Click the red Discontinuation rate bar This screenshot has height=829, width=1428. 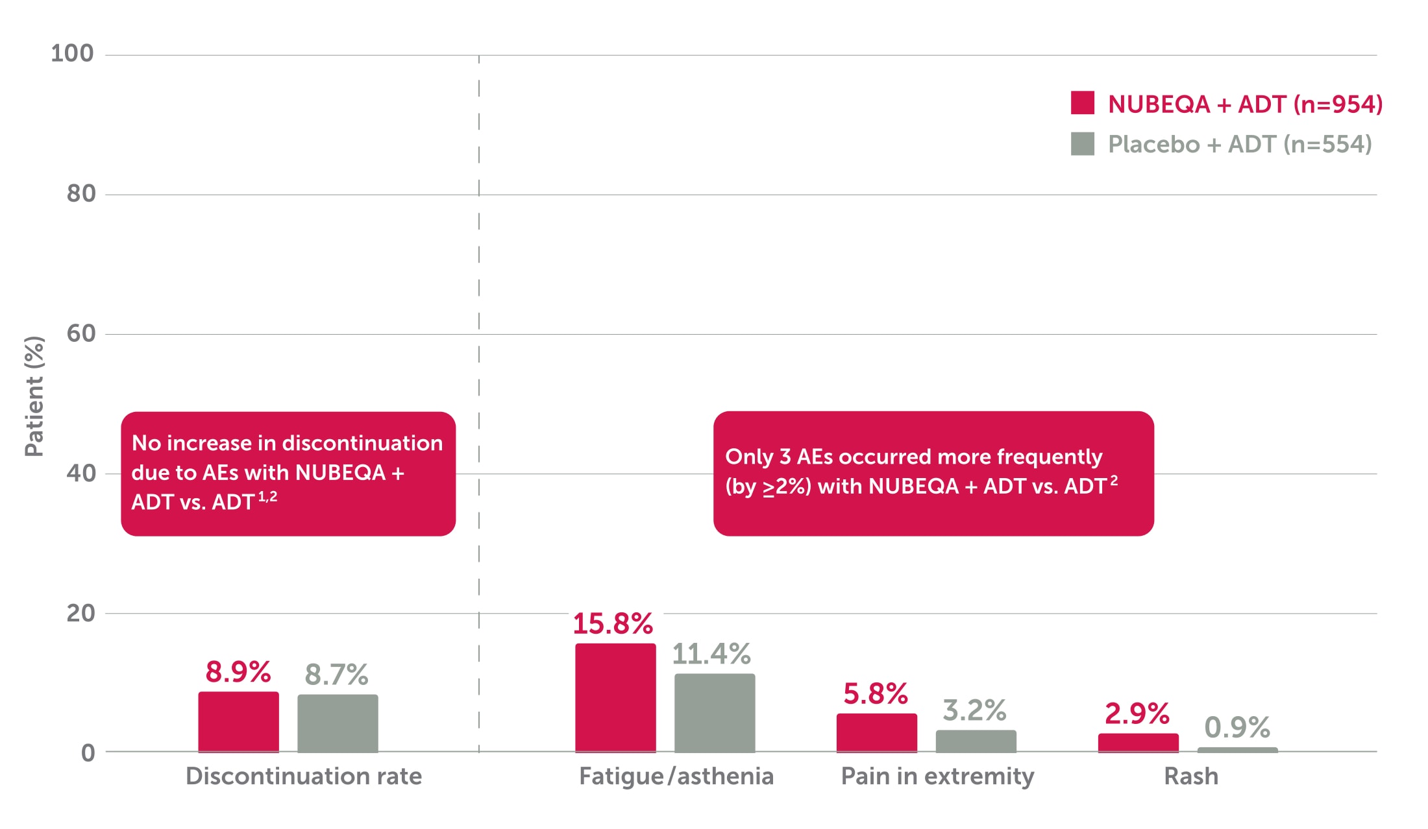[x=238, y=721]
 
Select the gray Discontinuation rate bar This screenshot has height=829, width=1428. [x=338, y=723]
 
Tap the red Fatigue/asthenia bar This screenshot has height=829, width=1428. [x=615, y=697]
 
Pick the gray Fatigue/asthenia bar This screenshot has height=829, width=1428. [x=715, y=712]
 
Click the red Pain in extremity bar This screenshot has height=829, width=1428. [x=876, y=732]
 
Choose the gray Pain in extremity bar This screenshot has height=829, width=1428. [x=976, y=741]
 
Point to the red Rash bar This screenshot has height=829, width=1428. [x=1138, y=743]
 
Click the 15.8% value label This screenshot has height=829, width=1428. [x=612, y=623]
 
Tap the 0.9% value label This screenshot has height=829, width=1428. [x=1237, y=727]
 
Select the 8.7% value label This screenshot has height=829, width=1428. [x=336, y=675]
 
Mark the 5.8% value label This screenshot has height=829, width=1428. [x=875, y=693]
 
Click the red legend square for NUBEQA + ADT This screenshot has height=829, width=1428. [x=1082, y=103]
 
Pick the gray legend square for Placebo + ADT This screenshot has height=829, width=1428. [x=1082, y=143]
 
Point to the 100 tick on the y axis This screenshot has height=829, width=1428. [x=72, y=53]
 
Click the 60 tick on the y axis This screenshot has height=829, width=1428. [x=80, y=333]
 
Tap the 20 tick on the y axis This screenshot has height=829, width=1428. [x=80, y=613]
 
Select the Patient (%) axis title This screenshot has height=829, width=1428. [x=34, y=396]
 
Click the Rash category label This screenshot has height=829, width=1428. [x=1190, y=776]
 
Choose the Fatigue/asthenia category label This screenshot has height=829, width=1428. [x=676, y=776]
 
